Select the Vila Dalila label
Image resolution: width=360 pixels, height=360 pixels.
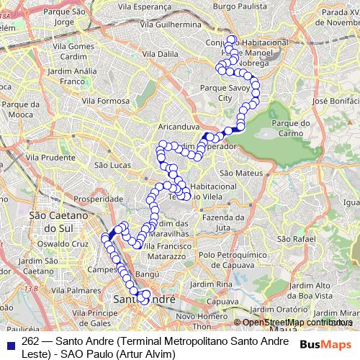pyautogui.click(x=161, y=53)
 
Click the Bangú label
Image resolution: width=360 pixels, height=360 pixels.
pyautogui.click(x=146, y=274)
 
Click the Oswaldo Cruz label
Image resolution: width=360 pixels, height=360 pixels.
pyautogui.click(x=66, y=243)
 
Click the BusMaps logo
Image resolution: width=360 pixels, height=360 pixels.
pyautogui.click(x=327, y=344)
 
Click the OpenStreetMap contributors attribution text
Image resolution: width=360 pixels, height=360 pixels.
pyautogui.click(x=292, y=323)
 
